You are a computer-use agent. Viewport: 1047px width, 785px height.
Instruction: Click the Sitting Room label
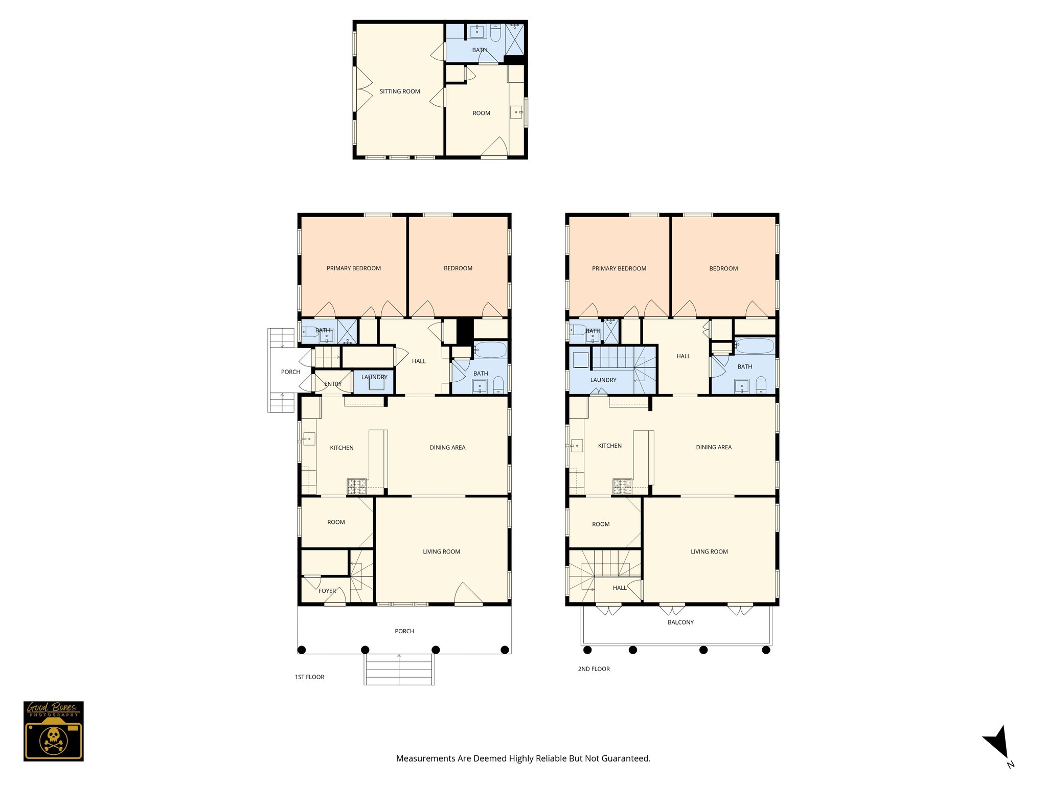pyautogui.click(x=399, y=91)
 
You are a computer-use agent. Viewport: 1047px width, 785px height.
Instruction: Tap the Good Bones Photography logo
pyautogui.click(x=53, y=731)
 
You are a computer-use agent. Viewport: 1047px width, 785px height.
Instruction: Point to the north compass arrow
pyautogui.click(x=997, y=744)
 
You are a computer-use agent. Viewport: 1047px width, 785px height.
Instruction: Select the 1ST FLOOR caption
pyautogui.click(x=309, y=677)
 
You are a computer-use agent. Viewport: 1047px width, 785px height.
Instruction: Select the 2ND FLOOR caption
pyautogui.click(x=594, y=668)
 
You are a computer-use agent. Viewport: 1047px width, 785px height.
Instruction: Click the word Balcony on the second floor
pyautogui.click(x=680, y=622)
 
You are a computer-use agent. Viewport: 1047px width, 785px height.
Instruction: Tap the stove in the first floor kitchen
pyautogui.click(x=357, y=486)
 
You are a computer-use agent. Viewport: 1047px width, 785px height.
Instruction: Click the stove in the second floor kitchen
pyautogui.click(x=622, y=487)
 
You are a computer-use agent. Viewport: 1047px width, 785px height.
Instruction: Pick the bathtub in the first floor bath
pyautogui.click(x=490, y=350)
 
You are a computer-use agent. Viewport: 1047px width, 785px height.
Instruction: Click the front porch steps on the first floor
pyautogui.click(x=399, y=670)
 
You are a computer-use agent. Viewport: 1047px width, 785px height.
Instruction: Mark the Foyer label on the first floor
pyautogui.click(x=327, y=591)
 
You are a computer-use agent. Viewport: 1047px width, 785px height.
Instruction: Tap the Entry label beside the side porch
pyautogui.click(x=333, y=384)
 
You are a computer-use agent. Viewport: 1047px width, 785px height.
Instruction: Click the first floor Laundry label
pyautogui.click(x=374, y=377)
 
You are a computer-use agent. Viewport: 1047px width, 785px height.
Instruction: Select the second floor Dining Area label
pyautogui.click(x=713, y=447)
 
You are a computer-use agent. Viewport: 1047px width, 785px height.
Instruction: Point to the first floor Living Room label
pyautogui.click(x=441, y=551)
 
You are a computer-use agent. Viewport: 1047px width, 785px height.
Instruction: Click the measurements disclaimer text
pyautogui.click(x=523, y=758)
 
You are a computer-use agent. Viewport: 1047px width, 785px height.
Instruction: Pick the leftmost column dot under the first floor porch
pyautogui.click(x=302, y=650)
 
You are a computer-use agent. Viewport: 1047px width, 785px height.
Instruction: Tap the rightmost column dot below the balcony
pyautogui.click(x=766, y=650)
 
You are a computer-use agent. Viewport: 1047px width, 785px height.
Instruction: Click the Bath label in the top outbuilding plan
pyautogui.click(x=479, y=50)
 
